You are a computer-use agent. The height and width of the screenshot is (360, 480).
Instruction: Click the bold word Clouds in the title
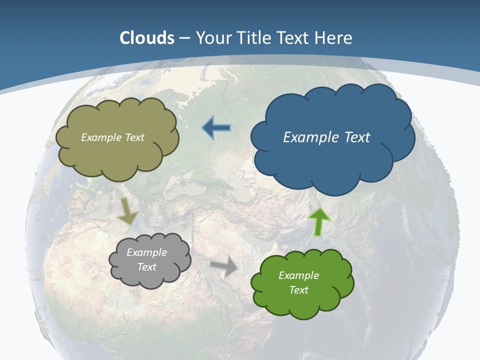[x=147, y=38]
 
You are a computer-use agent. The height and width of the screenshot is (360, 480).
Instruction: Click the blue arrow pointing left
[x=216, y=128]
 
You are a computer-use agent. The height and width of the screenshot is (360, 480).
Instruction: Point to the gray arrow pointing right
[x=224, y=267]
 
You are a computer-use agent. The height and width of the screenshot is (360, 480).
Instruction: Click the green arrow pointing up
[x=319, y=221]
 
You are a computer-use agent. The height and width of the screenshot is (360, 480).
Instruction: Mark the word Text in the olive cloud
[x=134, y=137]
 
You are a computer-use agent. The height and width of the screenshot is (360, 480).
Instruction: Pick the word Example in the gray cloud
[x=147, y=252]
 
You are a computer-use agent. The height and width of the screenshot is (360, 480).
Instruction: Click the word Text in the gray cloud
[x=147, y=267]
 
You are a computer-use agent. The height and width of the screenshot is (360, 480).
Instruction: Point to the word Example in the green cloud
[x=298, y=275]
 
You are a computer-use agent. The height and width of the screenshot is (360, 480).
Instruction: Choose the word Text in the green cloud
[x=298, y=290]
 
